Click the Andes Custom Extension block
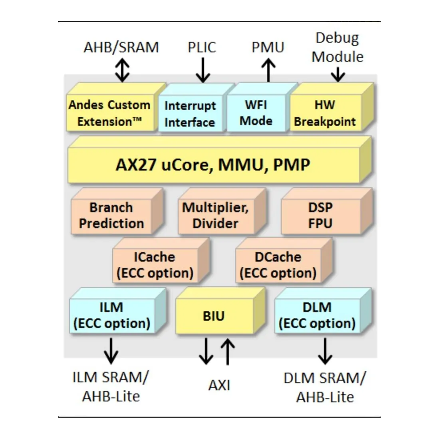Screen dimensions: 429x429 click(109, 113)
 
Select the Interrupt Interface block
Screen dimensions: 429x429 click(190, 114)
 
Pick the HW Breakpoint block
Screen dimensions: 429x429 click(325, 113)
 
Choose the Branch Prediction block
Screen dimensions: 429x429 click(111, 215)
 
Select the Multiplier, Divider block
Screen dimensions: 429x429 click(215, 215)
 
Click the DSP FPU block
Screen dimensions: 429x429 click(320, 215)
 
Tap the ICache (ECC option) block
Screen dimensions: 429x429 click(155, 265)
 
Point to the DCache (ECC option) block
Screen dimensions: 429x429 click(278, 265)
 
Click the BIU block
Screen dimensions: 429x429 click(214, 316)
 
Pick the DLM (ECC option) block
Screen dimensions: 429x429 click(317, 315)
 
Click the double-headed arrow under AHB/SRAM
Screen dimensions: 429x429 click(122, 70)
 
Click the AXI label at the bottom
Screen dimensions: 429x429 click(219, 385)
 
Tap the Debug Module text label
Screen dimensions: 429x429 click(338, 48)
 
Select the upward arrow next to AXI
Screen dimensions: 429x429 click(228, 352)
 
